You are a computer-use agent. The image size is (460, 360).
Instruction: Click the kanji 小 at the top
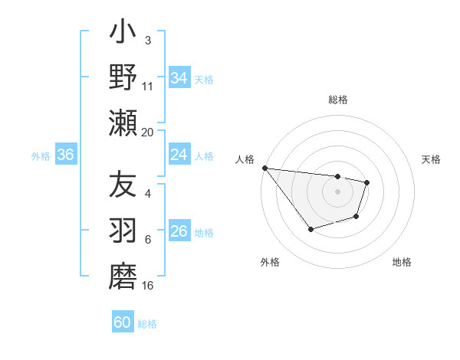123,34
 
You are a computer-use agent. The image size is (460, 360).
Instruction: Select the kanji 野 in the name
123,79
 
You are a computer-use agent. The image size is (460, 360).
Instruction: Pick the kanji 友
123,186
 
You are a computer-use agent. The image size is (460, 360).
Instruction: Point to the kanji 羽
123,231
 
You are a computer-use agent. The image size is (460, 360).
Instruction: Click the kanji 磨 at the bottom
123,277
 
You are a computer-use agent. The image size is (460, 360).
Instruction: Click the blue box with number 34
179,78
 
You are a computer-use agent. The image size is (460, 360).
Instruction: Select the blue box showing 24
179,155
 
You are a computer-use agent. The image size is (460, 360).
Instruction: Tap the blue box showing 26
179,231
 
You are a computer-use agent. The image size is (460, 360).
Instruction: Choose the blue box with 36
66,155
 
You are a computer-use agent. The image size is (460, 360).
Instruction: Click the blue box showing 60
123,322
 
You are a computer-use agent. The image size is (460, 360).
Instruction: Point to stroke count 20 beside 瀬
148,133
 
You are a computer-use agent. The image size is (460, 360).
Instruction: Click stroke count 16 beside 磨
148,286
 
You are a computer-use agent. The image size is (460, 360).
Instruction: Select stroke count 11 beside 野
148,87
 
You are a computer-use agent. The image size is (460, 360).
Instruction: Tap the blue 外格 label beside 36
41,155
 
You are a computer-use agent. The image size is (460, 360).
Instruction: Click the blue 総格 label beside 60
147,324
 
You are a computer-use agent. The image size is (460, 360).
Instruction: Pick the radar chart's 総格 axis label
338,100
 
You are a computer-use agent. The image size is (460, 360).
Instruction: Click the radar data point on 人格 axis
264,168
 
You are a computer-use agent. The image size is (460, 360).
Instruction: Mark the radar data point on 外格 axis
310,229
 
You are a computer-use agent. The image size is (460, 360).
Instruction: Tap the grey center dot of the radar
338,191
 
